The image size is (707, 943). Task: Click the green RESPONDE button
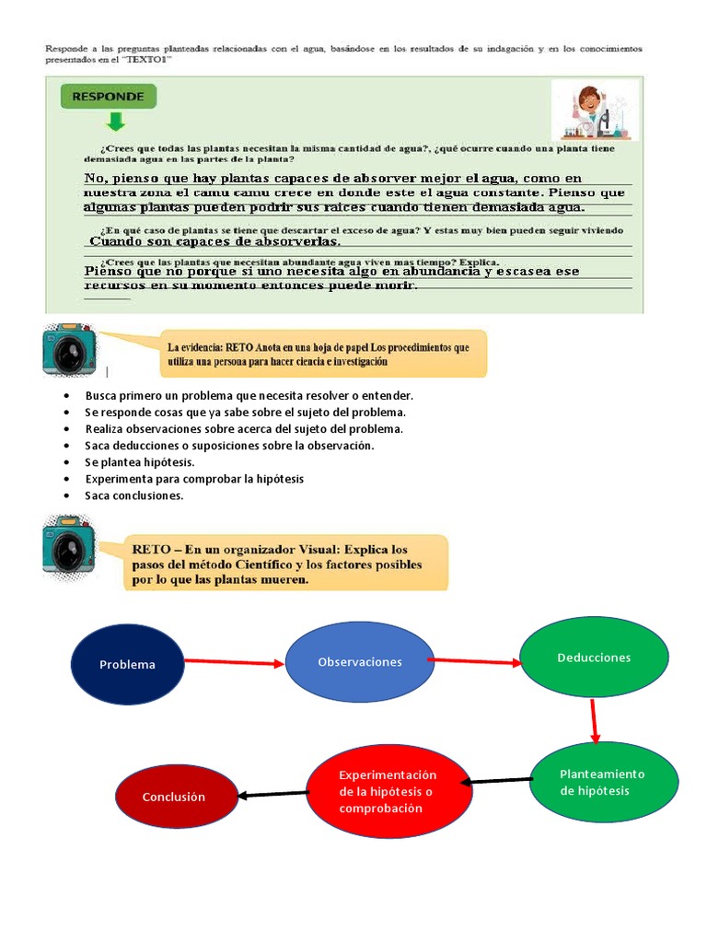click(x=109, y=97)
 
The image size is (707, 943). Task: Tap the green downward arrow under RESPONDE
click(x=115, y=122)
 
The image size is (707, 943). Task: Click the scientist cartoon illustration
click(x=594, y=110)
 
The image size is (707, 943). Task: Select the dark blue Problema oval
click(x=127, y=664)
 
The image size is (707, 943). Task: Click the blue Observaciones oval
click(x=359, y=662)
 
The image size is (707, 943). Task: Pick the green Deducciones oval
click(x=594, y=658)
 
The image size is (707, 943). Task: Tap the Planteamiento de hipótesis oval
click(x=603, y=782)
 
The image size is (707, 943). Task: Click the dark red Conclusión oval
click(x=174, y=797)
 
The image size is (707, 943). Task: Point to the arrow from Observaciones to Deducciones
click(x=476, y=660)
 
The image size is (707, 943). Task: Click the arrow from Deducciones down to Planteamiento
click(x=595, y=720)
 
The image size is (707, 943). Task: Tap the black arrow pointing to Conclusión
click(x=272, y=793)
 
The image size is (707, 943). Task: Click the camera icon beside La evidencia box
click(x=70, y=350)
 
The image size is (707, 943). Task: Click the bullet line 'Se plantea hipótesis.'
click(x=140, y=462)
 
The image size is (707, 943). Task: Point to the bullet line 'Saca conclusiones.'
click(x=134, y=495)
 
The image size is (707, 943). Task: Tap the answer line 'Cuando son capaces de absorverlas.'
click(x=215, y=241)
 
